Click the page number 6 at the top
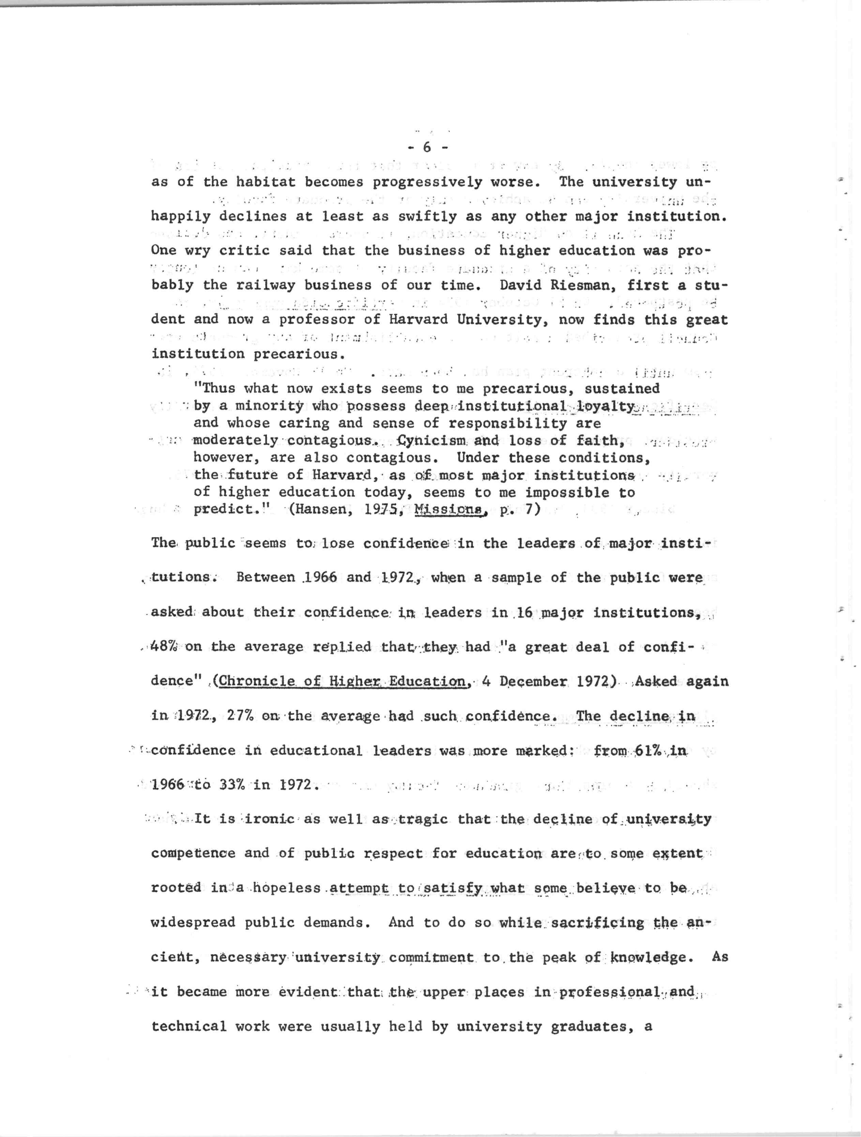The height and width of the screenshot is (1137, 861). [x=427, y=148]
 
